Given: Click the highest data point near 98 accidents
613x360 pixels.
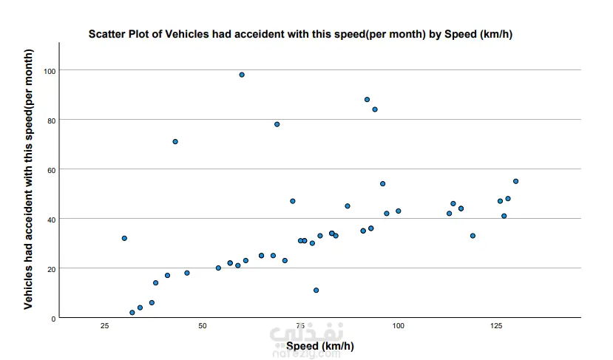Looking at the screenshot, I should [x=242, y=75].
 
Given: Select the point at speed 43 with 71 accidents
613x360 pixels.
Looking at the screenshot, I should [x=175, y=142].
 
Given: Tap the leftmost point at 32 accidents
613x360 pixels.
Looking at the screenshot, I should [x=124, y=238].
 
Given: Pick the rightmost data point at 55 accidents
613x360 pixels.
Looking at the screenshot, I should [x=516, y=181].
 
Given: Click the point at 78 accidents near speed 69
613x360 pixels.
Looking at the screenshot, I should [x=277, y=124].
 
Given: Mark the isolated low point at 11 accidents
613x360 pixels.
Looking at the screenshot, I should [x=316, y=291].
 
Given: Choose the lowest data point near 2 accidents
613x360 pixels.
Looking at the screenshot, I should [x=132, y=313].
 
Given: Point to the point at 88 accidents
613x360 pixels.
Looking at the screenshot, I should [x=367, y=100].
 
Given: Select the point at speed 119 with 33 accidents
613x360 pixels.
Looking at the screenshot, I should [x=473, y=236].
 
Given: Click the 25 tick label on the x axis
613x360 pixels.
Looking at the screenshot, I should [x=105, y=326].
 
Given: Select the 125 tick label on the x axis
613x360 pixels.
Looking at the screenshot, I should [x=496, y=326].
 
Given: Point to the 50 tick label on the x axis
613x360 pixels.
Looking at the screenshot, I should [x=203, y=326].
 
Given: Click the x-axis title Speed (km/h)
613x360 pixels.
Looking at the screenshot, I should [x=319, y=346].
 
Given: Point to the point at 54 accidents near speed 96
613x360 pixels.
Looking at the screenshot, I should [x=383, y=184].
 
